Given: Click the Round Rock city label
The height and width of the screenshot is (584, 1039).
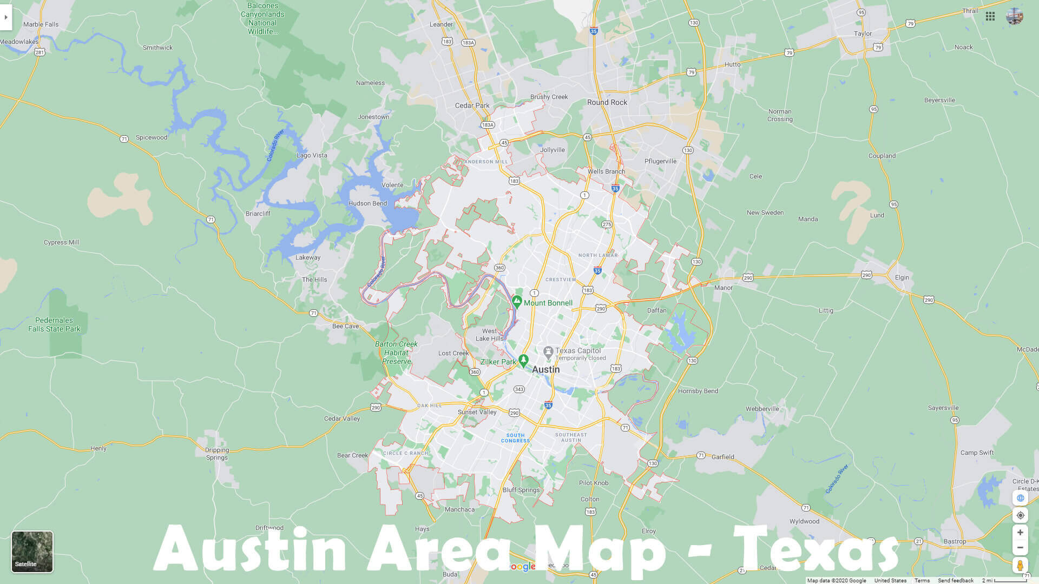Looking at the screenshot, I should (x=607, y=102).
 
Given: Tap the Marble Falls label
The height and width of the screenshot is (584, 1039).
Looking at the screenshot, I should (x=41, y=24).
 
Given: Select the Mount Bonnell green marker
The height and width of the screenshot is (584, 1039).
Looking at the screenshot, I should (x=517, y=302).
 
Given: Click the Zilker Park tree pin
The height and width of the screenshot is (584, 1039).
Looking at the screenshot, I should (x=523, y=360).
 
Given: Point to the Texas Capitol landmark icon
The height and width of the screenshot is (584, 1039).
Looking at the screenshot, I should (x=548, y=353).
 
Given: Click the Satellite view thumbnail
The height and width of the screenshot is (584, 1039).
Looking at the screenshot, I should (x=32, y=552).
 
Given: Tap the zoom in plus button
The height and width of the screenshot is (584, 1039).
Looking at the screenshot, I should (x=1020, y=533).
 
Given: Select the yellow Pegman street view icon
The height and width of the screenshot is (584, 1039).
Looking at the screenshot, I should (x=1020, y=566).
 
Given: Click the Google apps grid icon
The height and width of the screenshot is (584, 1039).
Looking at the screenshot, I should (x=990, y=16).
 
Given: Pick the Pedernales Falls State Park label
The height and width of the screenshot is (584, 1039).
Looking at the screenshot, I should (x=54, y=324).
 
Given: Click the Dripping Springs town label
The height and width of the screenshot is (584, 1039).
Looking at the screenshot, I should (x=217, y=454).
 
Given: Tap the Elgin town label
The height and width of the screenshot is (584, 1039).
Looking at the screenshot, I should (x=902, y=277).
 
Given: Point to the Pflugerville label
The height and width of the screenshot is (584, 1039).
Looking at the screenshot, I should (x=660, y=161).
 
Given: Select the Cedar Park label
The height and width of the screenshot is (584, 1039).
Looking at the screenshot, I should (x=472, y=105).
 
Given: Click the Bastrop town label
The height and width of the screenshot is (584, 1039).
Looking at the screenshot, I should (x=955, y=541).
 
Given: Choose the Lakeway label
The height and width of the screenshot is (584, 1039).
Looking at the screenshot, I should (x=308, y=257).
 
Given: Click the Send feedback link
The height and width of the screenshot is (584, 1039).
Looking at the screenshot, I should (x=956, y=580).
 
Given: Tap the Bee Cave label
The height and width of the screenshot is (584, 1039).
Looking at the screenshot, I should (x=345, y=326).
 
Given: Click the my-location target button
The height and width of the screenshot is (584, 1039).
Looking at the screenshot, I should (x=1020, y=515).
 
